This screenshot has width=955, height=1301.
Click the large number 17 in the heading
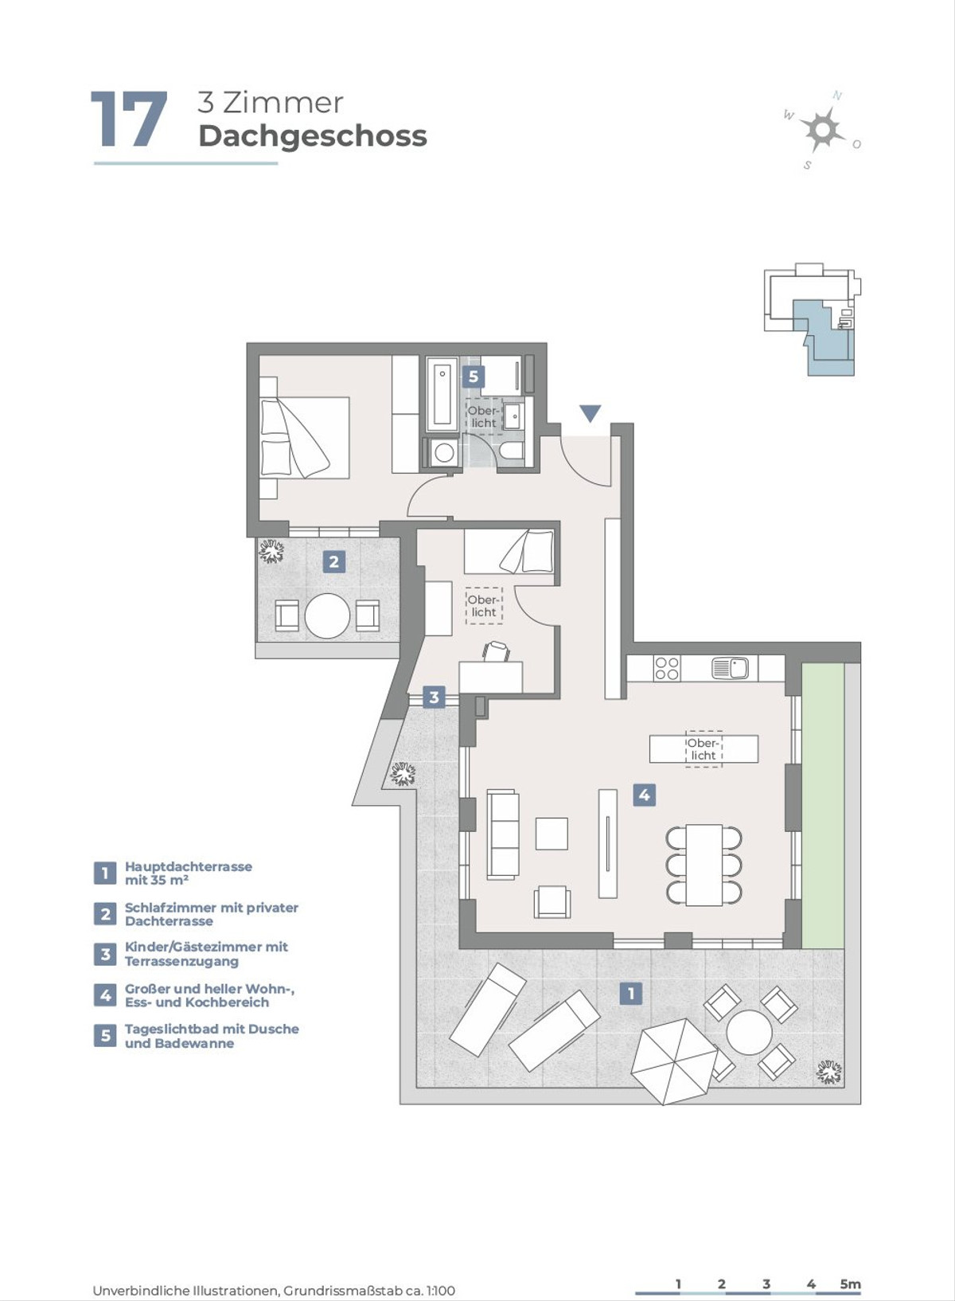129,119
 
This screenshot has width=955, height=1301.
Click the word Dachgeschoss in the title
312,136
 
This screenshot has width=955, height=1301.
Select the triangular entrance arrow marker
591,413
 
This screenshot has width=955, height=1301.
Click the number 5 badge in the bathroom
474,377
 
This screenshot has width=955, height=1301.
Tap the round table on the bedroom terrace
327,615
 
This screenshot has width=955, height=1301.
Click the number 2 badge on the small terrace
333,561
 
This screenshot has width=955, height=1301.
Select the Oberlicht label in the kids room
484,606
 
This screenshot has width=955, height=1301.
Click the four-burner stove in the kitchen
666,668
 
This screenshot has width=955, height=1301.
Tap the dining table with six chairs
704,865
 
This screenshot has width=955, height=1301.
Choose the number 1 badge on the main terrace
631,993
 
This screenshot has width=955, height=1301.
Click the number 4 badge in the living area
645,795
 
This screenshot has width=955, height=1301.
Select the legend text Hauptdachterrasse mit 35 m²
189,873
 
